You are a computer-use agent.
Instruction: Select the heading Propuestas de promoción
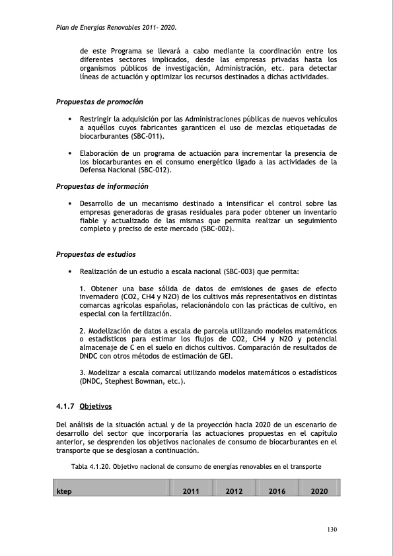(100, 102)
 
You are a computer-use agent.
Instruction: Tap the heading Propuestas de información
(102, 187)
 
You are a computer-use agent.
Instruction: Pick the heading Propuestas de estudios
(97, 254)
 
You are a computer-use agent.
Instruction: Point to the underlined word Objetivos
(96, 405)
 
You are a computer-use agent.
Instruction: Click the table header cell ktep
(64, 491)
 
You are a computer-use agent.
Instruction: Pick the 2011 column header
(191, 491)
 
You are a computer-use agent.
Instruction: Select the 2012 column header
(234, 491)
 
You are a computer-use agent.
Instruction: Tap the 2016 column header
(277, 491)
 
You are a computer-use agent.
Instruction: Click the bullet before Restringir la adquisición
(69, 119)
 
